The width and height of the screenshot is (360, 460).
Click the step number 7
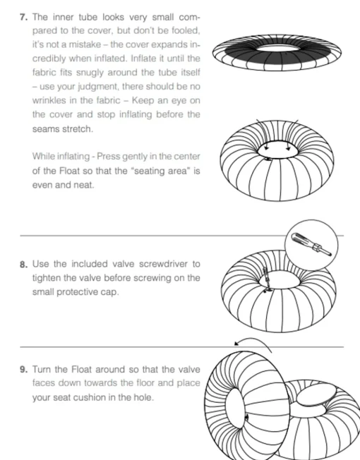23,18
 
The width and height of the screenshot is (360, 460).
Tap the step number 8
24,265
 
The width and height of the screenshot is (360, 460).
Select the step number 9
24,370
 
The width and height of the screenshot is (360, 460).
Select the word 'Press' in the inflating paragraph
108,156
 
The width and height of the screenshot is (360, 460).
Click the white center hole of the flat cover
278,47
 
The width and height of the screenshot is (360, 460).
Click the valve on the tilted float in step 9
247,418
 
